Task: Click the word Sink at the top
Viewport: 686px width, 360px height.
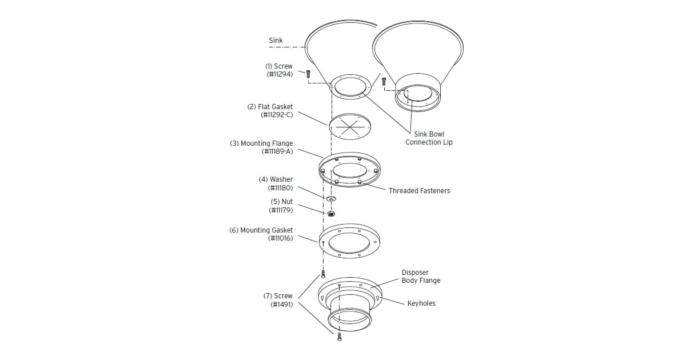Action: (x=276, y=41)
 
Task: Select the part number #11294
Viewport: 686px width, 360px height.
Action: (x=280, y=74)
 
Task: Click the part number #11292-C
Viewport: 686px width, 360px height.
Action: (x=277, y=115)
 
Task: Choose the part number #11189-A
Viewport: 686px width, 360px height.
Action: (x=277, y=151)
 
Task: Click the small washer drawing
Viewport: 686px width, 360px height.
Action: (x=331, y=199)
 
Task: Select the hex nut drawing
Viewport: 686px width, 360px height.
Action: (x=331, y=214)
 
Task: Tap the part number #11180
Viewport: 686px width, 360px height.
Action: (x=280, y=187)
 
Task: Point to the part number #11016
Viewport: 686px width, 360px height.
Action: (x=280, y=238)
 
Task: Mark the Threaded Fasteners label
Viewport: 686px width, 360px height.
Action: (x=419, y=191)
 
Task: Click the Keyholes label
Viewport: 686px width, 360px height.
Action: (x=421, y=303)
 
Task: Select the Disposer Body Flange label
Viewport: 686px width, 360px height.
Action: (x=421, y=277)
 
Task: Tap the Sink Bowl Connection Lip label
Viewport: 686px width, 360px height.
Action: (x=429, y=138)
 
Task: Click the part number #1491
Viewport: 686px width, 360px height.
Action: (x=281, y=305)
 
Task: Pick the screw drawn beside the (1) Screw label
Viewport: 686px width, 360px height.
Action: (x=308, y=74)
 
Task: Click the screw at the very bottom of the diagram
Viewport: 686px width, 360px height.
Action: (x=339, y=337)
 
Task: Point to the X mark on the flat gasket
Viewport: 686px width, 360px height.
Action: (x=349, y=127)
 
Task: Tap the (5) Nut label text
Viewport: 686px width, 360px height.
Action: (x=281, y=202)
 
